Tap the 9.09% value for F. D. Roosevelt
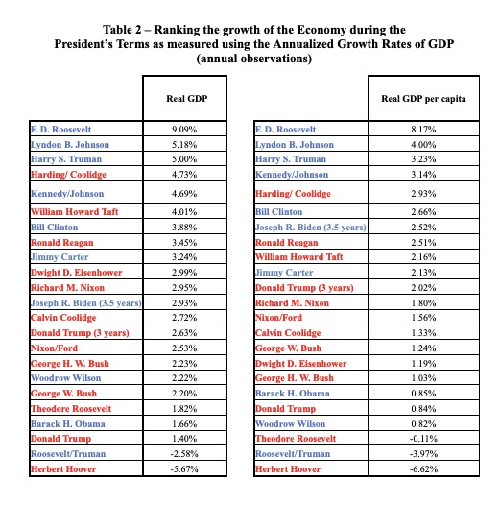186,129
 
